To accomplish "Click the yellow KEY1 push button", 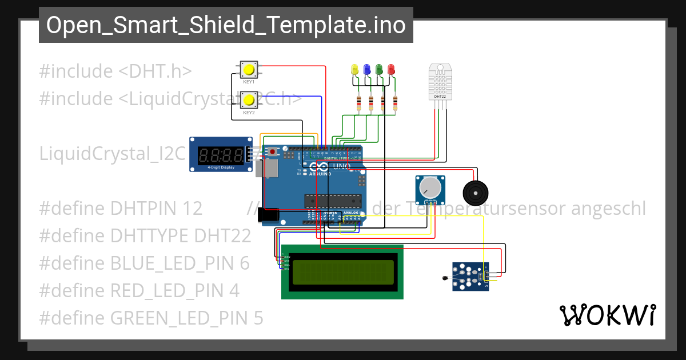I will click(x=249, y=70).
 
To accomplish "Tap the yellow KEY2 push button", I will click(x=249, y=101).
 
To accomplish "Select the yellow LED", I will click(x=354, y=70).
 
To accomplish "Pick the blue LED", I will click(x=366, y=70).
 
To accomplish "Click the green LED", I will click(x=379, y=70).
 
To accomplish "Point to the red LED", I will click(x=391, y=70).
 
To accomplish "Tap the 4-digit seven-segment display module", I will click(x=221, y=154).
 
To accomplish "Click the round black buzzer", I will click(x=476, y=193).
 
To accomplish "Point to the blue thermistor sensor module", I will click(x=470, y=277).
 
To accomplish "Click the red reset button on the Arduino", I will click(x=273, y=151).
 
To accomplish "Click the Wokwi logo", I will click(x=607, y=315).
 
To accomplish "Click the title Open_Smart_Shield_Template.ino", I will click(x=226, y=25).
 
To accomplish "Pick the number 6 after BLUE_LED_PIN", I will click(x=245, y=263).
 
